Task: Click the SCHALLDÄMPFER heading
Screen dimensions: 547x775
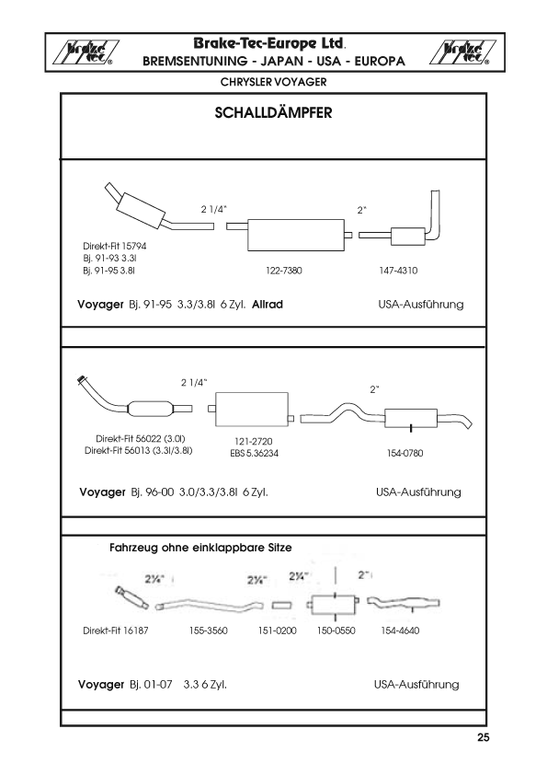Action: [x=274, y=112]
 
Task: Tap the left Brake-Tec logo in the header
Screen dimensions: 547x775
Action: [x=85, y=52]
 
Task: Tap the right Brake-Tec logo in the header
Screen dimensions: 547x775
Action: [x=463, y=52]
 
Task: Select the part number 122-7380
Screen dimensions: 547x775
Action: [x=284, y=271]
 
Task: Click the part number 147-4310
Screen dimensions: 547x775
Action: [x=398, y=271]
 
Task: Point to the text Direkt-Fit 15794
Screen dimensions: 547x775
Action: [x=115, y=246]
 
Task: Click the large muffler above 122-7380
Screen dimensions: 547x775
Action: [x=296, y=235]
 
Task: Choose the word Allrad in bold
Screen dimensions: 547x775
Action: [x=268, y=305]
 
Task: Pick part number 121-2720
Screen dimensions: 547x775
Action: [x=253, y=442]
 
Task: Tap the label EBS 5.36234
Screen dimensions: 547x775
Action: [x=255, y=453]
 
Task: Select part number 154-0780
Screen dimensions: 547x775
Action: [x=405, y=453]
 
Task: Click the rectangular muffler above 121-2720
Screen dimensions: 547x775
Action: [x=252, y=409]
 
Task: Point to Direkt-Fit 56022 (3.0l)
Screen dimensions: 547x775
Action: [x=141, y=438]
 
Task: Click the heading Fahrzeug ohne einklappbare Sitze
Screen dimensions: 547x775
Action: [x=200, y=548]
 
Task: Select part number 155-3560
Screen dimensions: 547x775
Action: [x=209, y=630]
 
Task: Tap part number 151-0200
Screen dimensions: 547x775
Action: [x=277, y=630]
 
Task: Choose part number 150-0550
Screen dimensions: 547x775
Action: [x=336, y=630]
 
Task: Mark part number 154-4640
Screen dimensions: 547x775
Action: [x=400, y=630]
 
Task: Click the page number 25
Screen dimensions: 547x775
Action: [x=484, y=737]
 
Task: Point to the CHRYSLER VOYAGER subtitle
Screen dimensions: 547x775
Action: [x=274, y=82]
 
